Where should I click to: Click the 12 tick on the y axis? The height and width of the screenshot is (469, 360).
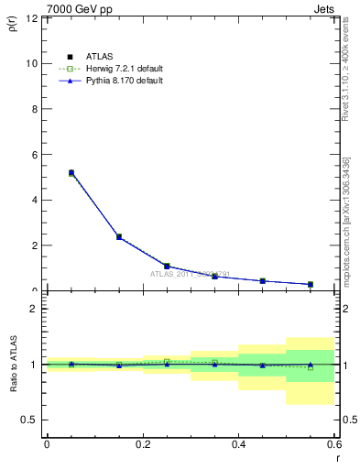(34, 18)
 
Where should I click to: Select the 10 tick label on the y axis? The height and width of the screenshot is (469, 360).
(34, 63)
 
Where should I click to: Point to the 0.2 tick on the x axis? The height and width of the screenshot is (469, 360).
(142, 444)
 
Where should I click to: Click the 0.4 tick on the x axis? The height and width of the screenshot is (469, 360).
(238, 444)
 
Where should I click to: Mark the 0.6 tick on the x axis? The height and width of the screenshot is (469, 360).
(334, 444)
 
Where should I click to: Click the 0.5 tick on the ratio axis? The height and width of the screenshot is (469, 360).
(32, 420)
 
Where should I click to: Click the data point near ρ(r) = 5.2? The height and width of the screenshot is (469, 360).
(71, 172)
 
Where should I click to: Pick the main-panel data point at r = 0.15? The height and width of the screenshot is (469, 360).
(119, 236)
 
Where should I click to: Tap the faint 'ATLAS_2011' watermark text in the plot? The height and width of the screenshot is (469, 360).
(190, 273)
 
